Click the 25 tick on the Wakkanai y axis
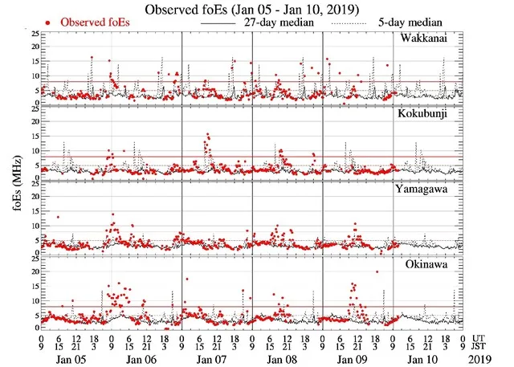click(31, 35)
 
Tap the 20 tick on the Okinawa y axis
click(31, 272)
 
